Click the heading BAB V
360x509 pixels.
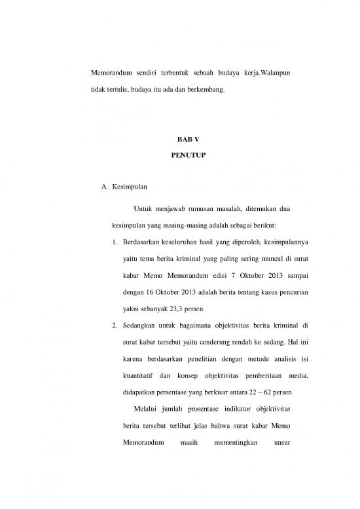[x=179, y=140]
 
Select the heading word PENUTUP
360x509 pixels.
[x=179, y=159]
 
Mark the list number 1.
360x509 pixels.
[x=115, y=244]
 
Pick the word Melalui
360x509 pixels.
[x=149, y=410]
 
